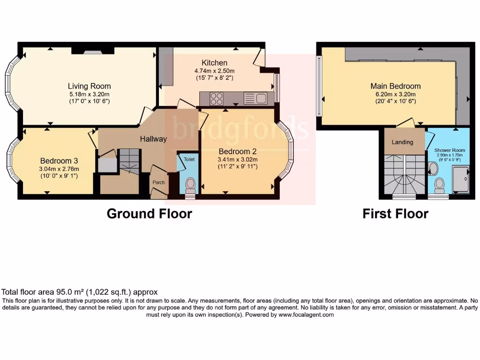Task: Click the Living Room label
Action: pos(89,86)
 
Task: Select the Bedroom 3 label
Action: pos(55,161)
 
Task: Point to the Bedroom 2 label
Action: pos(238,151)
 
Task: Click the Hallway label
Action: pos(153,139)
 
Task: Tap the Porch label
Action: pos(158,182)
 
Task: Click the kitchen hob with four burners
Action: pos(216,98)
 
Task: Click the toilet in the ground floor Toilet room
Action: pos(190,185)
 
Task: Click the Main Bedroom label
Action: pos(395,86)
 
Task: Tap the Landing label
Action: pos(402,142)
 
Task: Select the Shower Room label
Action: pos(449,150)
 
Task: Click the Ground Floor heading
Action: pos(149,214)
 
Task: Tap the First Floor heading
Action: pos(395,214)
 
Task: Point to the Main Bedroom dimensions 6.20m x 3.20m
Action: pos(395,94)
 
